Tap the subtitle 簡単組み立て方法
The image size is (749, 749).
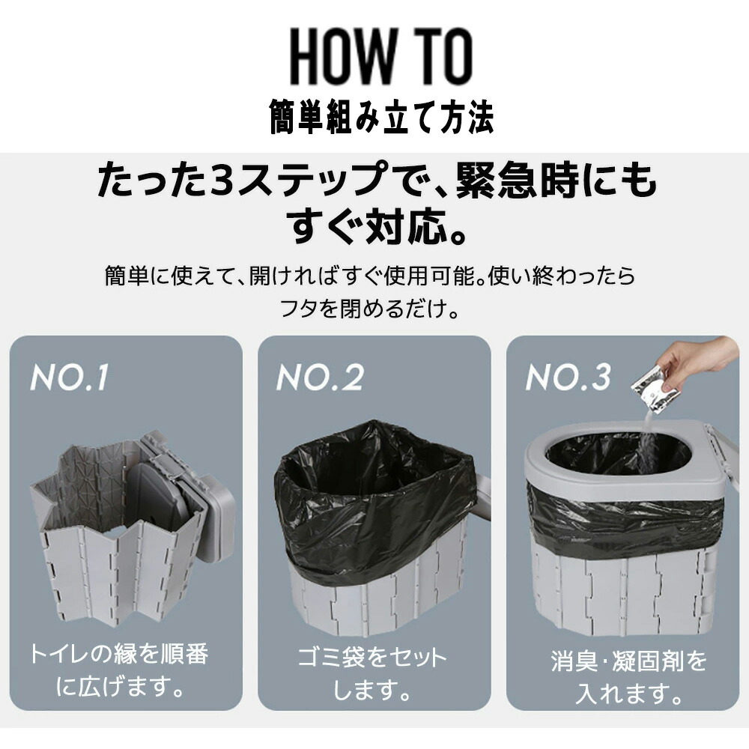[x=381, y=117]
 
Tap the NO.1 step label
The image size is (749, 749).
[x=69, y=377]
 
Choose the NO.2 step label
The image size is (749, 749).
[x=320, y=377]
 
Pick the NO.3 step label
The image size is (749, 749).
[x=568, y=377]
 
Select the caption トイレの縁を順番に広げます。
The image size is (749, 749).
[x=119, y=669]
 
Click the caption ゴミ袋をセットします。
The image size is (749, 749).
[x=372, y=673]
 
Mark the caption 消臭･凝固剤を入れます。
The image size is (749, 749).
[x=628, y=676]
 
